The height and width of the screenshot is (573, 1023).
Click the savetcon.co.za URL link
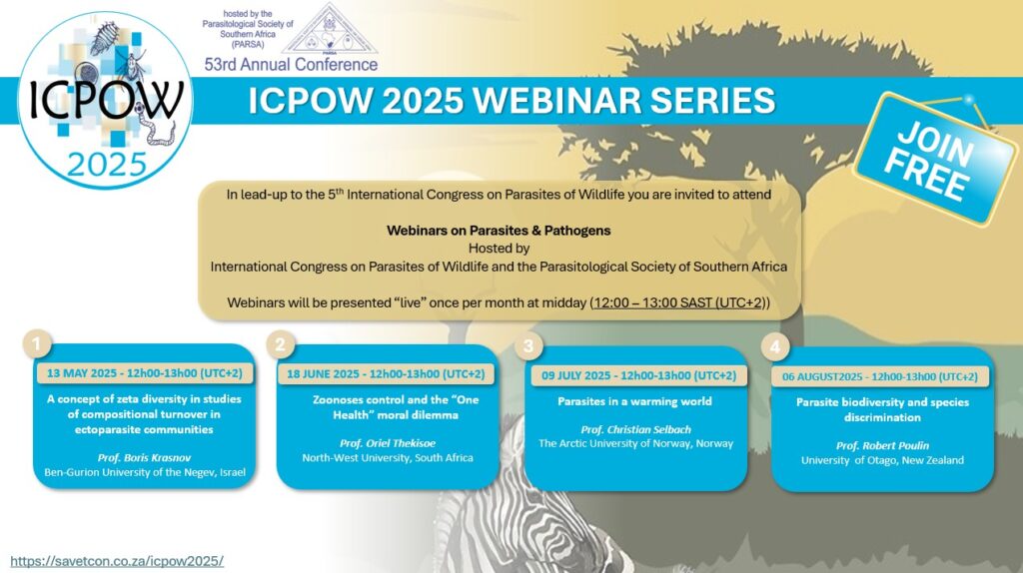[117, 561]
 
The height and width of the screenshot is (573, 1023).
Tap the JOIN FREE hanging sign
[935, 161]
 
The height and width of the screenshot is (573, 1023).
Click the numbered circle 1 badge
[37, 344]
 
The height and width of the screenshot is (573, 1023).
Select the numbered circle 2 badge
[281, 344]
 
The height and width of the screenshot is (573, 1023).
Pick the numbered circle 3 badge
[528, 346]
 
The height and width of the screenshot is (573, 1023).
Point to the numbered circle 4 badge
[775, 347]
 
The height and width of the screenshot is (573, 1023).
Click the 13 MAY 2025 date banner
[144, 373]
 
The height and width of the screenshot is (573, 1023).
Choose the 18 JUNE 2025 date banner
[386, 374]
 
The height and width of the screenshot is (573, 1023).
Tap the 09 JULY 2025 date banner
[638, 375]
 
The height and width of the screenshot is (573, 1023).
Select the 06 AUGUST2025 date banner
[879, 376]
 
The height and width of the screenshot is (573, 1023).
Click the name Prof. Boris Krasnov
[144, 457]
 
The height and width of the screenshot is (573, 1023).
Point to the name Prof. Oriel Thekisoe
[388, 443]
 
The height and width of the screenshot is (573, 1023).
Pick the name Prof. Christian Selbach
[636, 429]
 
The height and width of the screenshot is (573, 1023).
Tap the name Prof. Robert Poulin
[882, 446]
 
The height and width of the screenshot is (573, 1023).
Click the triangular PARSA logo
[330, 30]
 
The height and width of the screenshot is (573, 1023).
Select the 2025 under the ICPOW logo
[106, 165]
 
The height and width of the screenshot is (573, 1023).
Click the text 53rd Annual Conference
[291, 65]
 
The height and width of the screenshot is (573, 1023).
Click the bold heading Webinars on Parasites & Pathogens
[499, 231]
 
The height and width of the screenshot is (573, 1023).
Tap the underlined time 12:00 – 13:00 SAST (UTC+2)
[678, 302]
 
